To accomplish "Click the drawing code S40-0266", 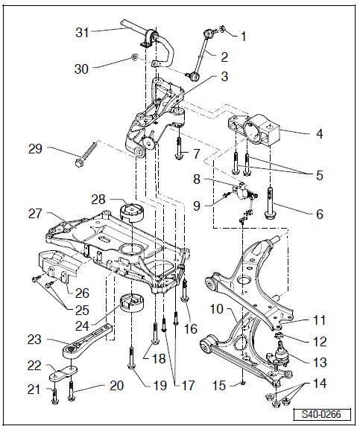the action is pos(321,414).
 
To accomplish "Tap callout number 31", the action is pos(82,32).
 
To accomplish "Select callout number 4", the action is pos(320,133).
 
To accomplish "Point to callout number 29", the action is pos(35,149).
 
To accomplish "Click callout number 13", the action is pos(320,362).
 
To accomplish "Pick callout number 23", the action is pos(34,340).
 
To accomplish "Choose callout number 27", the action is pos(35,214).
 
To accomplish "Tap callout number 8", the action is pos(196,179).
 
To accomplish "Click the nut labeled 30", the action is pos(133,57).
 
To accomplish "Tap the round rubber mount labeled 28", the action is pos(132,212).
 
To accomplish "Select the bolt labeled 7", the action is pos(179,148).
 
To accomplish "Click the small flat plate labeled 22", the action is pos(63,373).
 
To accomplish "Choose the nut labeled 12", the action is pos(278,336).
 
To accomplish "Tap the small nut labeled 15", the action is pos(243,383).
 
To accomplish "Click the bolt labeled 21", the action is pos(54,395).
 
